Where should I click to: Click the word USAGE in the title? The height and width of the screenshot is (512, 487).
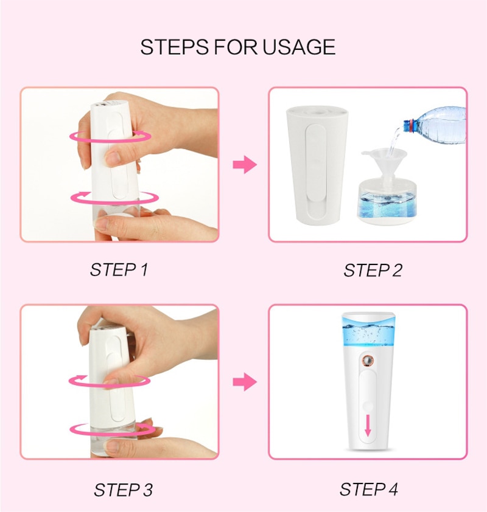pyautogui.click(x=299, y=47)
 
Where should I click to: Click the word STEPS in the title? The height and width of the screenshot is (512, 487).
pyautogui.click(x=175, y=47)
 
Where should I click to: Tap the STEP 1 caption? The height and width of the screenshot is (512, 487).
pyautogui.click(x=119, y=270)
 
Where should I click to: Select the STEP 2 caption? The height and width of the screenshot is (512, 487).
pyautogui.click(x=373, y=271)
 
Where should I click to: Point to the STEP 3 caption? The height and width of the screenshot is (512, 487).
pyautogui.click(x=123, y=490)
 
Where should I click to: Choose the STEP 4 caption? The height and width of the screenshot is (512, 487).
pyautogui.click(x=369, y=490)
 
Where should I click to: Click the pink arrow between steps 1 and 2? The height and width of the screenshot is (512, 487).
pyautogui.click(x=245, y=165)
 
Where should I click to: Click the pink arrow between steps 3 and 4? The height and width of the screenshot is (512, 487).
pyautogui.click(x=245, y=382)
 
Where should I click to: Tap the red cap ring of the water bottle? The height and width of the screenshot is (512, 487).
pyautogui.click(x=407, y=125)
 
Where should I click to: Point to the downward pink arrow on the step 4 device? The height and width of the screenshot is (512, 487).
pyautogui.click(x=368, y=426)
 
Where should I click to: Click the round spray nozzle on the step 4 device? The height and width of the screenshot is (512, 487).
pyautogui.click(x=368, y=361)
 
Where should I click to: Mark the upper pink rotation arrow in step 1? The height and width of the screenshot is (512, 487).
pyautogui.click(x=110, y=136)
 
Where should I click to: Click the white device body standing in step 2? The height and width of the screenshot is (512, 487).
pyautogui.click(x=317, y=165)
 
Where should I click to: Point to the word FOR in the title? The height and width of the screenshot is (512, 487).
pyautogui.click(x=236, y=47)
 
